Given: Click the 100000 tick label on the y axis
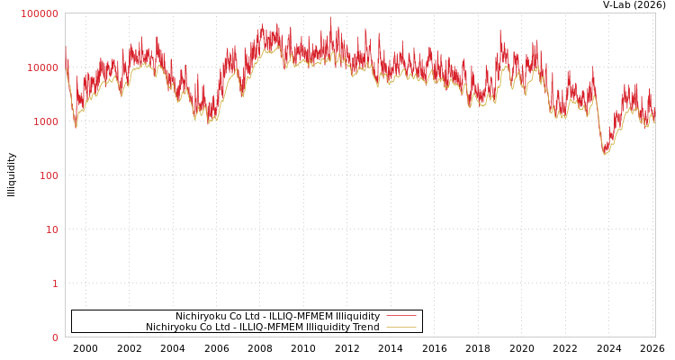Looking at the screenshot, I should point(40,13).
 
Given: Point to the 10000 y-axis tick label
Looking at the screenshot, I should point(43,67).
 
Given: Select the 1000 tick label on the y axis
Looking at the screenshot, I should point(46,121).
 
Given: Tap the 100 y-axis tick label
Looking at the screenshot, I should point(49,175).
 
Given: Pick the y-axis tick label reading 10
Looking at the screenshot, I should point(52,229).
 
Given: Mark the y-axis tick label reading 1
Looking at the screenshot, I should point(55,283).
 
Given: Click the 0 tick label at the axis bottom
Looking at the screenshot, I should point(55,337).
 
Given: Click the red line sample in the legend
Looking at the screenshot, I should point(401,316).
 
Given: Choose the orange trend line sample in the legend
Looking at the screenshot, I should point(401,327).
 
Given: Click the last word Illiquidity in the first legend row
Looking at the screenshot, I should point(357,316).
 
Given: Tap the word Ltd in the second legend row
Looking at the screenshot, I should point(220,327).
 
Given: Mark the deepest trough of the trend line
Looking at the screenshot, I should point(606,154).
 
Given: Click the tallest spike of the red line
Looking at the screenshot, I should point(330,17).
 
